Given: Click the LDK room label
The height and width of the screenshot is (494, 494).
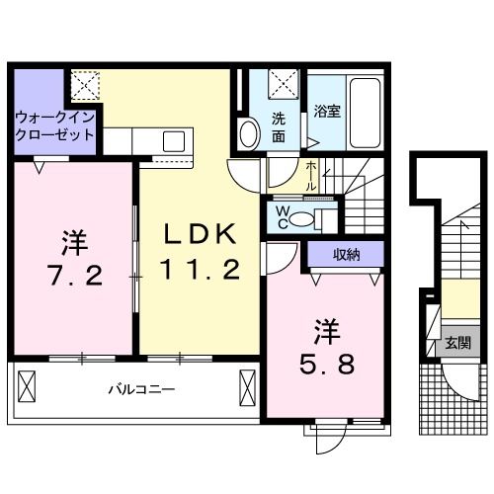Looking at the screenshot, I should (x=199, y=235).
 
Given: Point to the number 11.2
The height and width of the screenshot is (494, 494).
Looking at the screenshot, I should (x=201, y=268).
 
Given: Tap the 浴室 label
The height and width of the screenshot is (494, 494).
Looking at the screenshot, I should (x=327, y=111).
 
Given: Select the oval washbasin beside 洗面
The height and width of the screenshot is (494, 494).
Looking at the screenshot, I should (x=248, y=130).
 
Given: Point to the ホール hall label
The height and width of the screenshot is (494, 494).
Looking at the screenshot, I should (x=310, y=174).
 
